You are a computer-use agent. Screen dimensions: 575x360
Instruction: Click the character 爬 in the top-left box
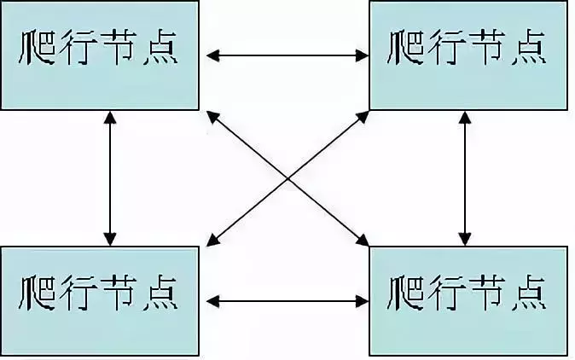pos(37,48)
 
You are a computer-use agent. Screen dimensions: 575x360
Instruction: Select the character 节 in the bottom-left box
pos(118,293)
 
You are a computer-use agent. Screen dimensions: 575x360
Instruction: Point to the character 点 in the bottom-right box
pos(529,293)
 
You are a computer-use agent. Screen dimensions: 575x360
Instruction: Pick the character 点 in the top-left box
pos(160,48)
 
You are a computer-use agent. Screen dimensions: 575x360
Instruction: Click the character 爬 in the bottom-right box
pos(406,293)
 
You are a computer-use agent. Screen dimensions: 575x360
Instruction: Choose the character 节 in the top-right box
pos(487,48)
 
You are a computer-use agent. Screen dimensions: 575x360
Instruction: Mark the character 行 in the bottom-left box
pos(78,293)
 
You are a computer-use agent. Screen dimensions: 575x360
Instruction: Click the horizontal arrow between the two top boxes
pos(287,55)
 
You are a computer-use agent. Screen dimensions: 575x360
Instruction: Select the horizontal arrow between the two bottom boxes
pos(287,301)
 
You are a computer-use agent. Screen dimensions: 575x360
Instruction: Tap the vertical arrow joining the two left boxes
pos(110,178)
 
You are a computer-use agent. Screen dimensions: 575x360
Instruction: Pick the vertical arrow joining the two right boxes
pos(465,178)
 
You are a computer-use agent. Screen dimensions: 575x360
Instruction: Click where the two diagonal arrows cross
pos(287,179)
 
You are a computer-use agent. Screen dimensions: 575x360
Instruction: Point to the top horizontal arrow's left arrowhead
pos(212,55)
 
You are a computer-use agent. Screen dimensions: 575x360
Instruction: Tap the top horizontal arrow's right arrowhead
pos(362,55)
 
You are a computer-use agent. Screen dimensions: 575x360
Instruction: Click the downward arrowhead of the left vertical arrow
pos(110,239)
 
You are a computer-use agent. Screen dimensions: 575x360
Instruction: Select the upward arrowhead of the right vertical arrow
pos(465,118)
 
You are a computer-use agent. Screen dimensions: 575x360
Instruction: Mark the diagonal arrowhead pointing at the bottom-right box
pos(363,240)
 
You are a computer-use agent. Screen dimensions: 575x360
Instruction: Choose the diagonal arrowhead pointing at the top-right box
pos(363,118)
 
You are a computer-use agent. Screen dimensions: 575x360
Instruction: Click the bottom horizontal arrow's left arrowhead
pos(212,301)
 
